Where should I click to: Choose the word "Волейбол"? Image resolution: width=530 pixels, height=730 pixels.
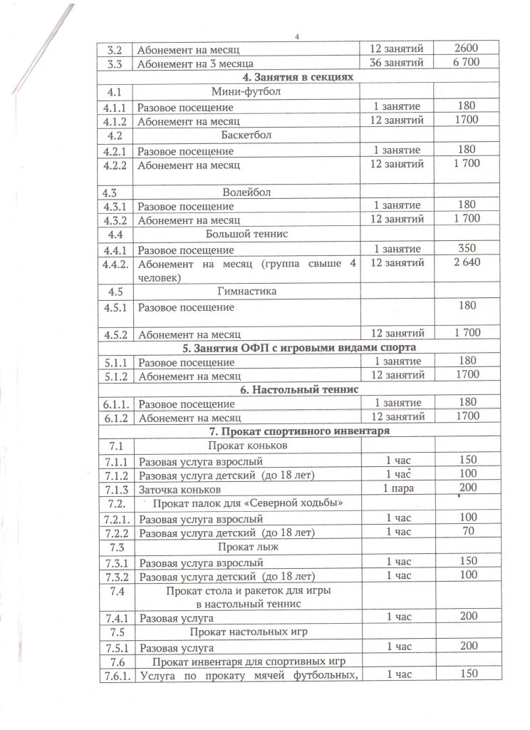[246, 192]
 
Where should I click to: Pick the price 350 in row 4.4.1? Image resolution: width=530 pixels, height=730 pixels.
[467, 249]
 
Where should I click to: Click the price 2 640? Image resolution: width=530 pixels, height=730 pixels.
[467, 263]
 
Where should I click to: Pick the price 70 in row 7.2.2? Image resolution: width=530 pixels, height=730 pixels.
[467, 532]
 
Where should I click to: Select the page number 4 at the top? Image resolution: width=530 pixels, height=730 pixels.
[297, 37]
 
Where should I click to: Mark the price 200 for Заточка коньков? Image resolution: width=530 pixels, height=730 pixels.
[467, 488]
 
